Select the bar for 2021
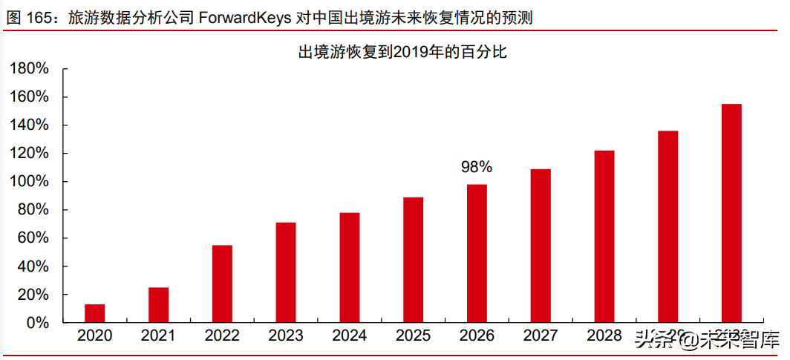click(x=158, y=305)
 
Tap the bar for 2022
click(x=222, y=284)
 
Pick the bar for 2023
click(x=286, y=272)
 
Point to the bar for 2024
click(x=350, y=267)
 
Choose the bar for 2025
click(x=413, y=260)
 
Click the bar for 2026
click(x=477, y=253)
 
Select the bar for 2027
click(x=541, y=246)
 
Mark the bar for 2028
click(x=604, y=236)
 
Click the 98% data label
click(x=477, y=168)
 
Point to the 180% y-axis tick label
click(x=29, y=69)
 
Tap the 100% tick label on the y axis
click(x=29, y=182)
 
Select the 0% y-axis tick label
click(x=37, y=323)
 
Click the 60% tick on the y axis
click(x=33, y=238)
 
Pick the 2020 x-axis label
click(x=94, y=336)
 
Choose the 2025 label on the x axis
click(x=413, y=336)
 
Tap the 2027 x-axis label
click(x=541, y=336)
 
